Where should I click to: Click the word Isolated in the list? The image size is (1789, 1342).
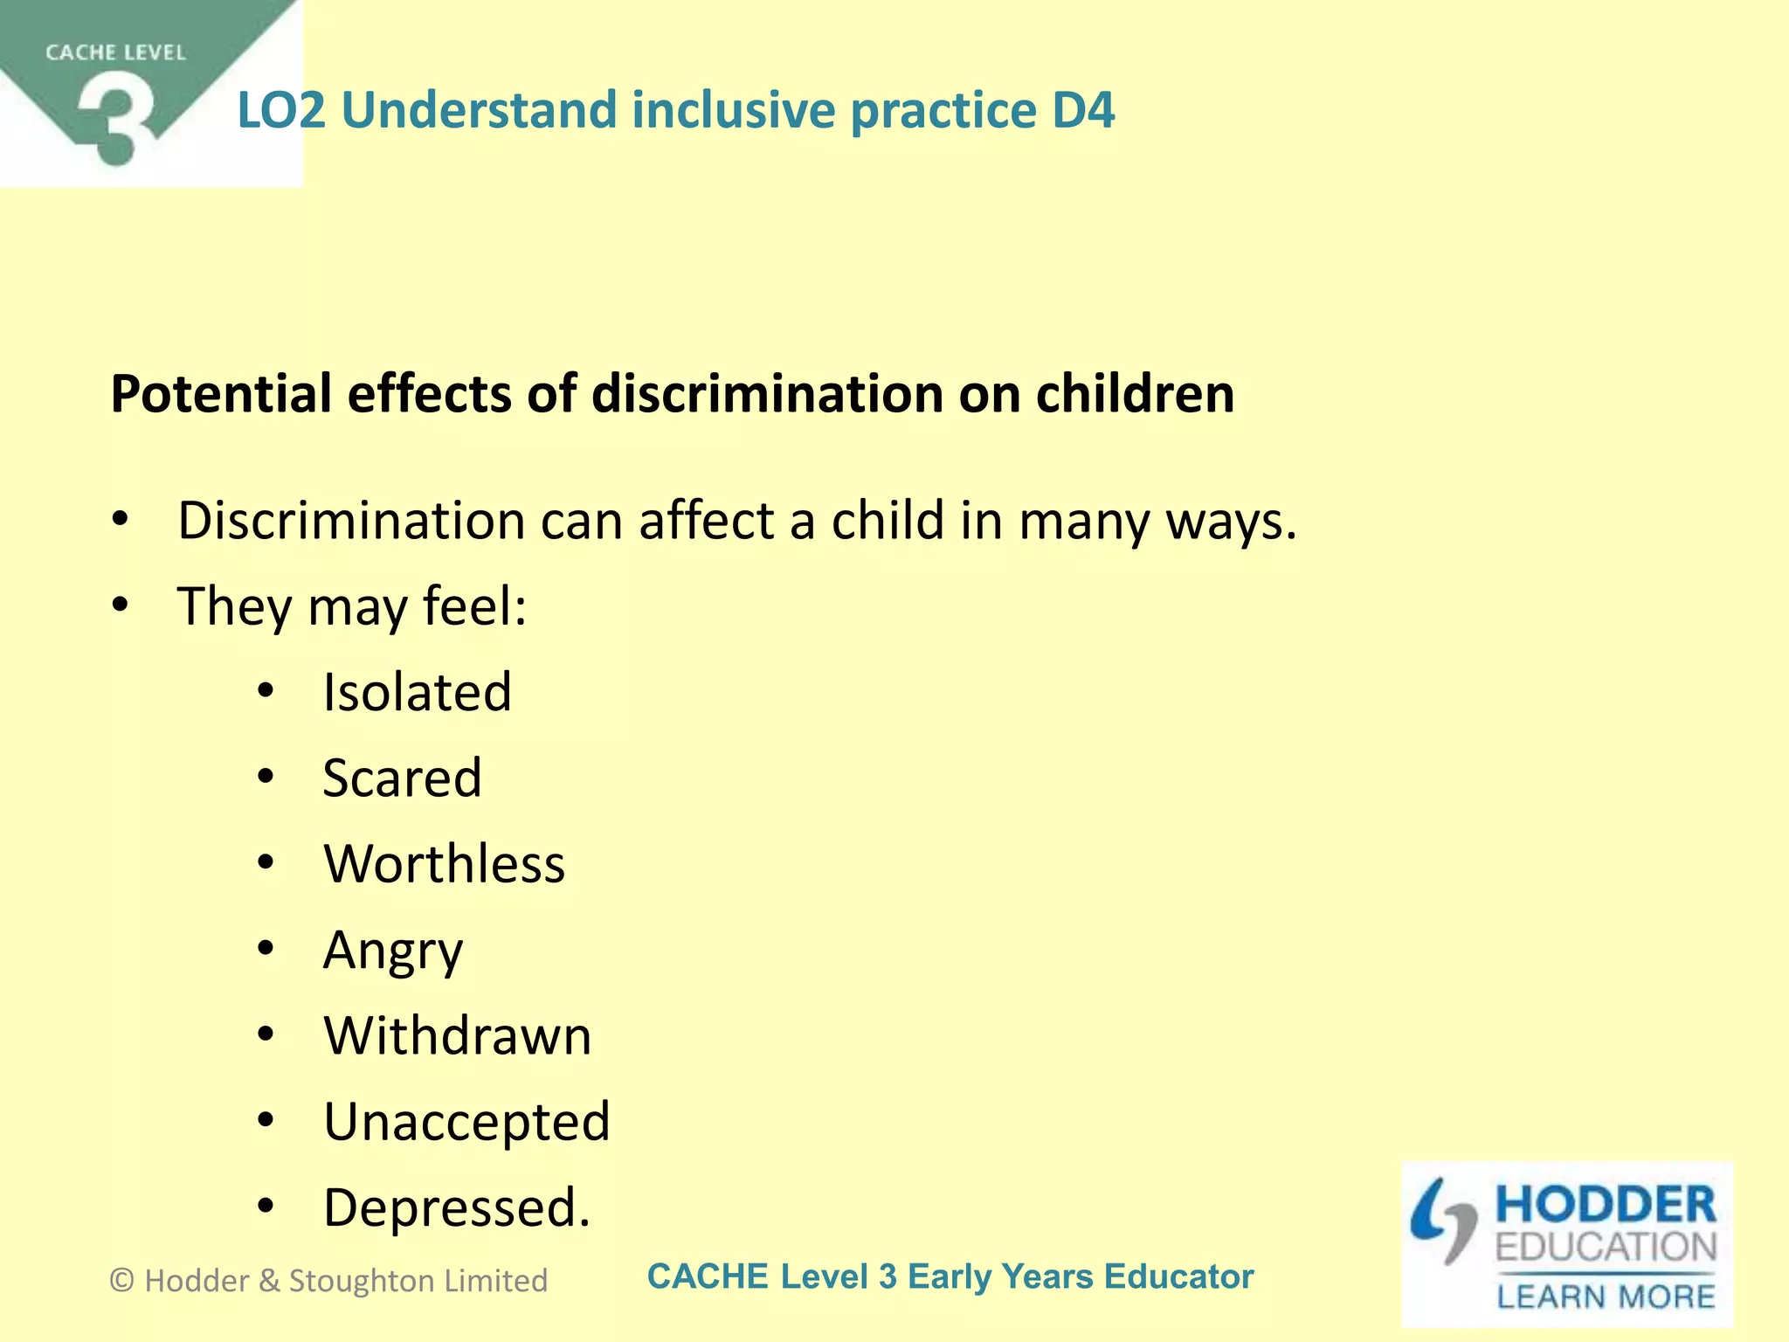[417, 692]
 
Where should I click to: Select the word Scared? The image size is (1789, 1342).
[402, 778]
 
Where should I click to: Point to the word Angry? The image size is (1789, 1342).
[392, 951]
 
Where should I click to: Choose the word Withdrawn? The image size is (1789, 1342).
[457, 1035]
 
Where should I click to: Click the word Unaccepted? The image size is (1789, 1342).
[466, 1121]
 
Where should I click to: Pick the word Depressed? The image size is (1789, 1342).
[456, 1207]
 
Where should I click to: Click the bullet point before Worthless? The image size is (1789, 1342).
[266, 863]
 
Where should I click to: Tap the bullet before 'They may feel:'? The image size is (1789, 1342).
[121, 605]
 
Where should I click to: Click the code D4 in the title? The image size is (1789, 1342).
[1083, 110]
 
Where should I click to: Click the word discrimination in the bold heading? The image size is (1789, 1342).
[767, 394]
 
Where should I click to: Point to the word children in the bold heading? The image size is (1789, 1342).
[1135, 394]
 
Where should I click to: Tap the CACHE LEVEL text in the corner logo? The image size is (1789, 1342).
[115, 52]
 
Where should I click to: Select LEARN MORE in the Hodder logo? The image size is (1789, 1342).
[1606, 1297]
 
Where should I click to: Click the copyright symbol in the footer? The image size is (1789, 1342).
[122, 1281]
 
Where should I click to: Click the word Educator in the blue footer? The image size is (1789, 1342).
[1178, 1276]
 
